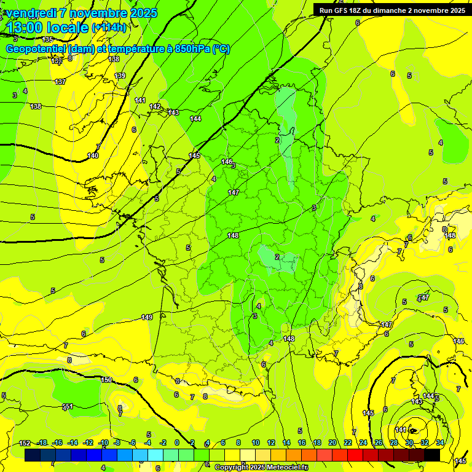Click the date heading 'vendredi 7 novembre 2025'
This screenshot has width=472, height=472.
coord(82,13)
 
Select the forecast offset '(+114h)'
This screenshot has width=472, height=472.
coord(109,28)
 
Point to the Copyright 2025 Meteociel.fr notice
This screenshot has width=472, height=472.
coord(261,467)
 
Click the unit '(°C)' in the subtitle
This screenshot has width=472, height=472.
coord(221,49)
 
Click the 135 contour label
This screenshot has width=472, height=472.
coord(47,39)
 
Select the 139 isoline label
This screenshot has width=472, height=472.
coord(120,76)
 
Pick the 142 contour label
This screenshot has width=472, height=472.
coord(155,106)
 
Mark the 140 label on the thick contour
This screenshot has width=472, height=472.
coord(93,155)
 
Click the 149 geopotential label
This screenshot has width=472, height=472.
coord(147,317)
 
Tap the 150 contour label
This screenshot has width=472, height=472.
coord(106,380)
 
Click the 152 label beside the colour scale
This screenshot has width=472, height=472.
coord(25,443)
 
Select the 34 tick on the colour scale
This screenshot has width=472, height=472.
coord(439,443)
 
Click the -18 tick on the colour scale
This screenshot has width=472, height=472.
coord(42,443)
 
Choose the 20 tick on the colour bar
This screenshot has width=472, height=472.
coord(332,443)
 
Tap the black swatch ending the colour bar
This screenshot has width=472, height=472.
coord(431,455)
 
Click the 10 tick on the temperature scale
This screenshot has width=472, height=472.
coord(255,443)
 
